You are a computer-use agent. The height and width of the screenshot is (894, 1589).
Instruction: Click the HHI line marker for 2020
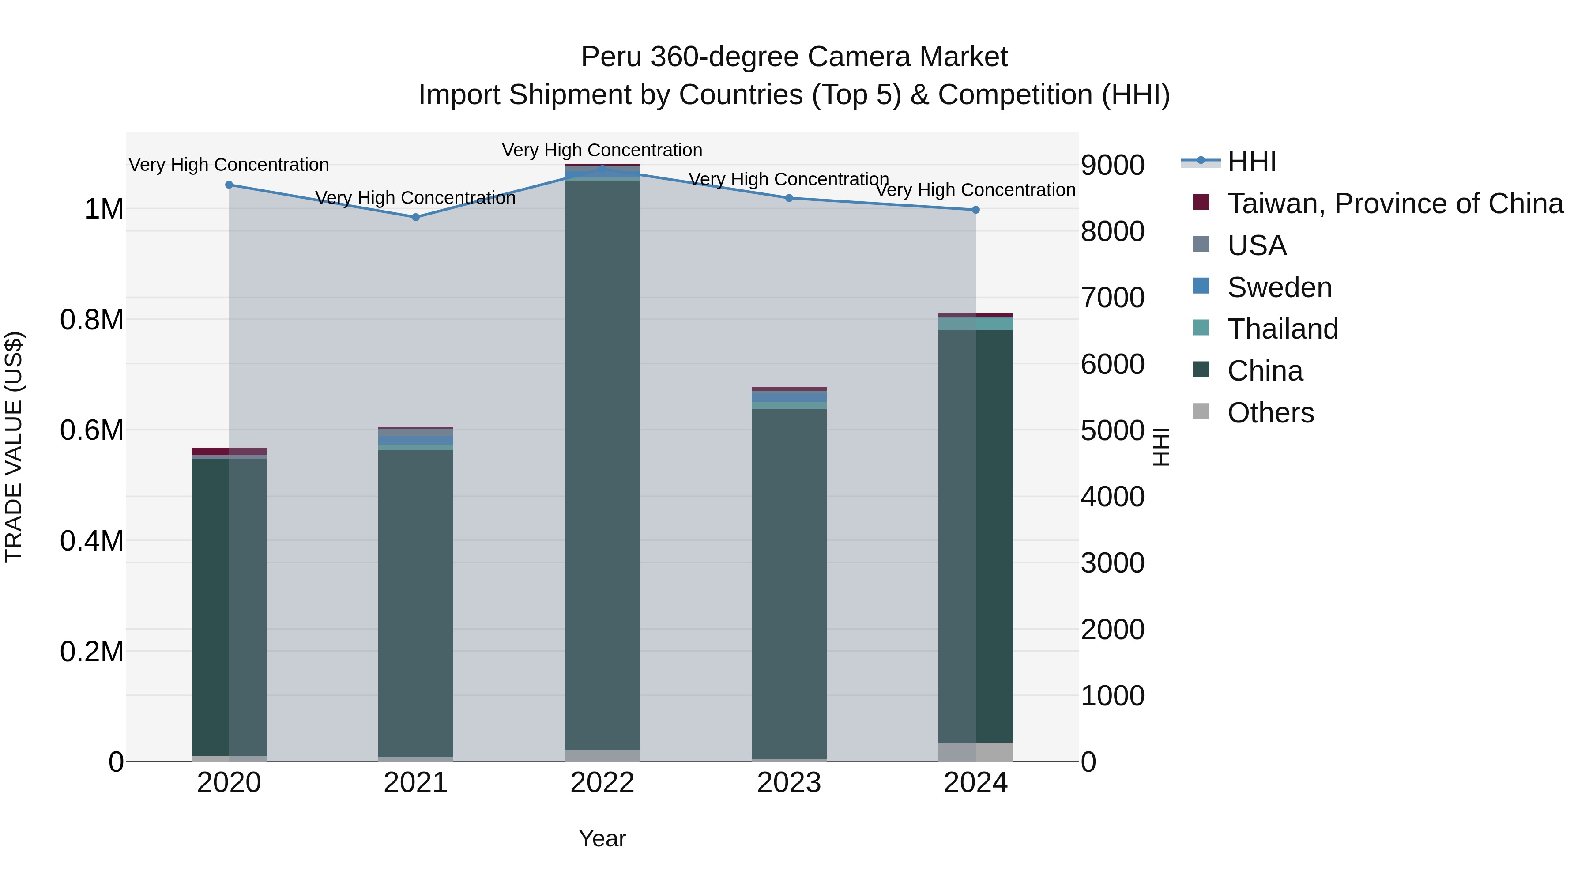tap(229, 185)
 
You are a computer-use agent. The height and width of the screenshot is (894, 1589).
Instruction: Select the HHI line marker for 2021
tap(416, 217)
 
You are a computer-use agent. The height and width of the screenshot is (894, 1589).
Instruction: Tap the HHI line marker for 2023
tap(789, 198)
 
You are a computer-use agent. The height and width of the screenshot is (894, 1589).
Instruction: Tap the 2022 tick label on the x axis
tap(602, 783)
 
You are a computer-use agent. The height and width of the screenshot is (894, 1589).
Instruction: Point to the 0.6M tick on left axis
tap(92, 430)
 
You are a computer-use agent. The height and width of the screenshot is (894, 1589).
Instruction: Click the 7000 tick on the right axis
tap(1112, 298)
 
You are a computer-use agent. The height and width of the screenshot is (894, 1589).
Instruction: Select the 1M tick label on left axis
tap(104, 209)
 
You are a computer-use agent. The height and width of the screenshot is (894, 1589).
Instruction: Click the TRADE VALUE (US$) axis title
tap(14, 447)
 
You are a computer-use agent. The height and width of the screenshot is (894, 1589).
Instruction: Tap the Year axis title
tap(602, 838)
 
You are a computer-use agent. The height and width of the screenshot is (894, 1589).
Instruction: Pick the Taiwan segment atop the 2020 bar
tap(229, 451)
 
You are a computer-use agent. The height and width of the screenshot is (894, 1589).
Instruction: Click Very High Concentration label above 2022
tap(602, 150)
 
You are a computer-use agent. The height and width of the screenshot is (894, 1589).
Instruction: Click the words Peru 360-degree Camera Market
tap(794, 57)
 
